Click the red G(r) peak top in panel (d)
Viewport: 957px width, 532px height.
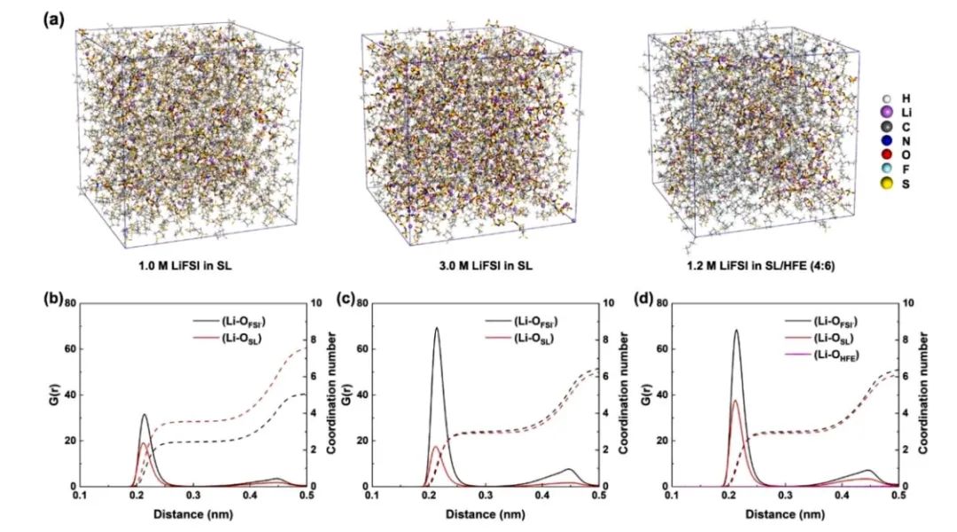[x=735, y=401]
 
